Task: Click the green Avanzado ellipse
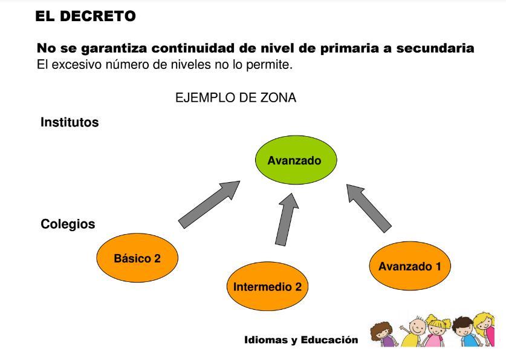click(x=296, y=160)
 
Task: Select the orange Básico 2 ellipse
click(x=137, y=258)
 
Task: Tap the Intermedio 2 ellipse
click(x=268, y=286)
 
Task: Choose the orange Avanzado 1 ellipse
click(x=410, y=266)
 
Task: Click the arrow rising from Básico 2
click(x=209, y=205)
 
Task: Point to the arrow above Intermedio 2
click(x=287, y=220)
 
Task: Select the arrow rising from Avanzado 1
click(x=369, y=208)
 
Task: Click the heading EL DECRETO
click(x=85, y=16)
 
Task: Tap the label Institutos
click(x=70, y=122)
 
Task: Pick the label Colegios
click(x=68, y=224)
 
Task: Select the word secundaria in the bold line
click(x=435, y=48)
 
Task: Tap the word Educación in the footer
click(x=329, y=339)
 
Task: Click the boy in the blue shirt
click(x=465, y=332)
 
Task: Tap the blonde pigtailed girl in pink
click(x=436, y=332)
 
